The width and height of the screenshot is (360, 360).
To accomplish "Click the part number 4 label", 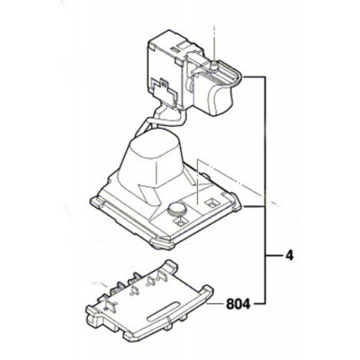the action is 289,256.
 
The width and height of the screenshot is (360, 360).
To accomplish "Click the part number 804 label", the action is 238,304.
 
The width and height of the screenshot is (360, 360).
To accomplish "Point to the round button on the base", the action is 177,210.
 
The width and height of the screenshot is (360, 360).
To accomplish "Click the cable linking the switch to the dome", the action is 156,119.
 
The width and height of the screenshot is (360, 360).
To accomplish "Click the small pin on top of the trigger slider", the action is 214,65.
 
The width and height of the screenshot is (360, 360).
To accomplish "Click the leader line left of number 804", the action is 216,304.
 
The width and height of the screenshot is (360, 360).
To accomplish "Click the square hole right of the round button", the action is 211,203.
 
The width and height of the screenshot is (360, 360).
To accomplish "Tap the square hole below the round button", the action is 181,222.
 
